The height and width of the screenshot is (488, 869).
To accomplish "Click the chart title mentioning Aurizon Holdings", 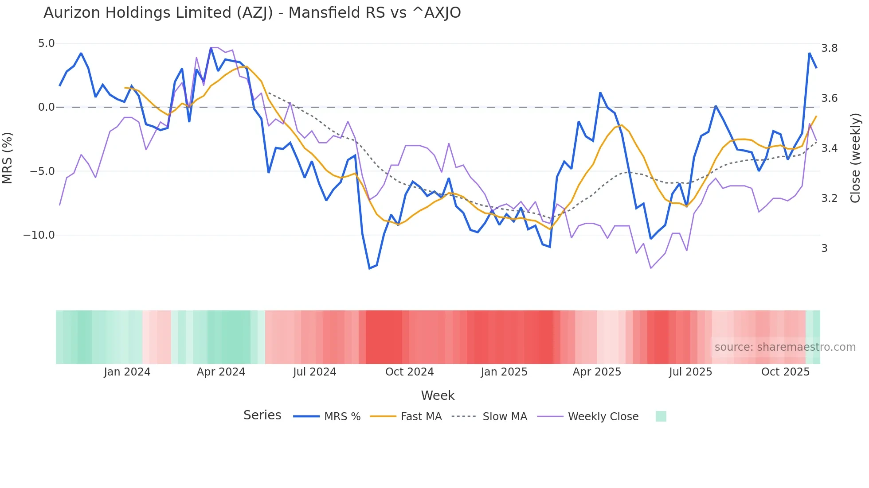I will click(252, 13).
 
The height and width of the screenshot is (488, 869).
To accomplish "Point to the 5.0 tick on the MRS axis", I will click(46, 43).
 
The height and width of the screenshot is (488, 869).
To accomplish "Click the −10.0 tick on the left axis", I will click(39, 235).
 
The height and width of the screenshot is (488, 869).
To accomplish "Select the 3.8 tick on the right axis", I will click(829, 48).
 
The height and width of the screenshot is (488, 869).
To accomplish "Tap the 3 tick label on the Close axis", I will click(824, 248).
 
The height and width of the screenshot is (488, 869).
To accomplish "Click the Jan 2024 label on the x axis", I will click(127, 372).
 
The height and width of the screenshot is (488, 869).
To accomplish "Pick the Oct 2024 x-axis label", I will click(409, 372).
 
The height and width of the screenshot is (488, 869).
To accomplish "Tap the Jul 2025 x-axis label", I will click(690, 372).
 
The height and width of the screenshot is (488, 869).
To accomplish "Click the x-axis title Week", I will click(438, 395).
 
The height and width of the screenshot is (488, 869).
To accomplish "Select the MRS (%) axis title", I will click(8, 158).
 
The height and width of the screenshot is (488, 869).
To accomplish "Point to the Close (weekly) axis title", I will click(855, 158).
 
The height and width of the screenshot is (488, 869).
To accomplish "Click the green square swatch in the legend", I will click(661, 416).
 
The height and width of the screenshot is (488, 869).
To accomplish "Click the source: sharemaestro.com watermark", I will click(785, 347).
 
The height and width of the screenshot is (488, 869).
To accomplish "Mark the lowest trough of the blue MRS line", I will click(369, 268).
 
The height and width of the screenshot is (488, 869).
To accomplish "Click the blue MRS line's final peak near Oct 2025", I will click(809, 54).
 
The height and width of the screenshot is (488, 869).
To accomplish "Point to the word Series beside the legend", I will click(262, 415).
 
